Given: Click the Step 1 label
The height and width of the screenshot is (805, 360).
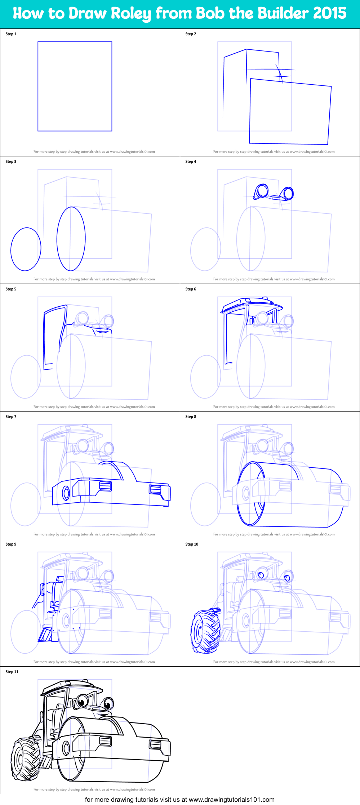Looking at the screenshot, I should (11, 34).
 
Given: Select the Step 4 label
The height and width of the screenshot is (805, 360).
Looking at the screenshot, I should (191, 161).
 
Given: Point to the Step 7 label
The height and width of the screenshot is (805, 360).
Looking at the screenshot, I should (11, 417).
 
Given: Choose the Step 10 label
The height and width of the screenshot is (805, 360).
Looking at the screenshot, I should (192, 544).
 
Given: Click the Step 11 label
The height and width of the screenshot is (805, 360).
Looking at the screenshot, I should (12, 672).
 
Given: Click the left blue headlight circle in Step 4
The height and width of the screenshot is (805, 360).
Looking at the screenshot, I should (262, 191).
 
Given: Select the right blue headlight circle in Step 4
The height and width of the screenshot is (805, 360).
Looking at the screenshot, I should (288, 194).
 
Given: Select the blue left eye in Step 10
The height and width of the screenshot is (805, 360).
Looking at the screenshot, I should (261, 574).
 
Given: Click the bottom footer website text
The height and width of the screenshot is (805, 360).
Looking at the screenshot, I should (179, 800).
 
